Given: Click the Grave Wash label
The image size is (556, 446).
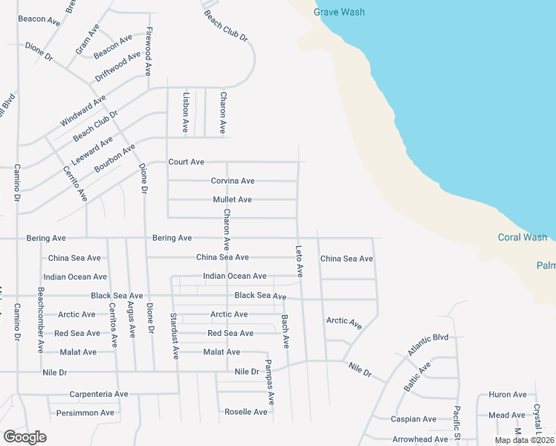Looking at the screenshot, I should click(339, 13).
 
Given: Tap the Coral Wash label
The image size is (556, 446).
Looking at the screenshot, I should click(522, 238).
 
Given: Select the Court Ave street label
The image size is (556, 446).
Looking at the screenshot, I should click(186, 162).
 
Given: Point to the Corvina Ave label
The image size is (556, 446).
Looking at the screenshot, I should click(233, 181).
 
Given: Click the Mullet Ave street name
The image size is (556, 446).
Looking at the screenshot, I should click(232, 200).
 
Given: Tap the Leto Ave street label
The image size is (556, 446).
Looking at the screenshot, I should click(300, 261).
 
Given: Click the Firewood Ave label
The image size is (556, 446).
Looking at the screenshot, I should click(149, 53).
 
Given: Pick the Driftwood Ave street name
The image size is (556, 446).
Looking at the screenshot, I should click(117, 67).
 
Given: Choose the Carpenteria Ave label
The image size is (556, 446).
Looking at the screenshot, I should click(98, 395).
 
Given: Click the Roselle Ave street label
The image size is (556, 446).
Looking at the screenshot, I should click(246, 412).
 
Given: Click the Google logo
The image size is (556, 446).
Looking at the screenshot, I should click(25, 437).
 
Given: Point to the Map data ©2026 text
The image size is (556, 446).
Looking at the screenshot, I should click(524, 440).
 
